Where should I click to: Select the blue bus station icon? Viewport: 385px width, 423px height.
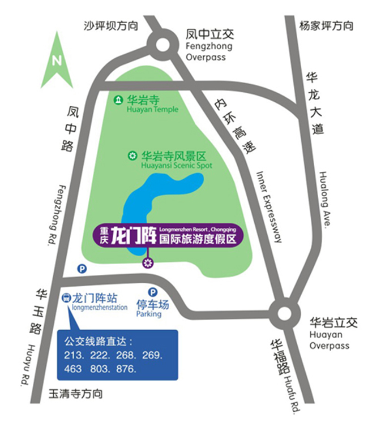click(x=66, y=298)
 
